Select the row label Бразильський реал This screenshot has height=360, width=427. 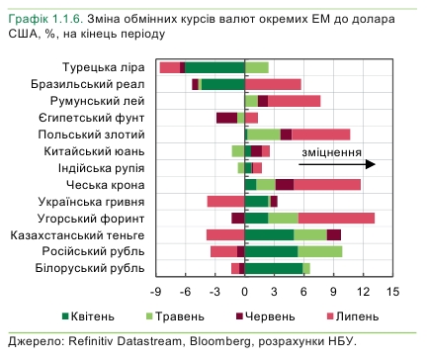pyautogui.click(x=97, y=84)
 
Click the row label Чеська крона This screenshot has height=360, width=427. pyautogui.click(x=108, y=185)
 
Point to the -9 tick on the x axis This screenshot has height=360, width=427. pyautogui.click(x=155, y=293)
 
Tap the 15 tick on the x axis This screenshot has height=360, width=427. pyautogui.click(x=393, y=293)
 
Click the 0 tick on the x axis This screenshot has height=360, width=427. pyautogui.click(x=245, y=293)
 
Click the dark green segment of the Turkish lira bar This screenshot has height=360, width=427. pyautogui.click(x=214, y=67)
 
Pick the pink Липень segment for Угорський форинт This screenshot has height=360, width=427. pyautogui.click(x=336, y=218)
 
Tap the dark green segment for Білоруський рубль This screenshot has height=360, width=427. pyautogui.click(x=273, y=268)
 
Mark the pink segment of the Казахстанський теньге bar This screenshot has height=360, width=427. pyautogui.click(x=225, y=234)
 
